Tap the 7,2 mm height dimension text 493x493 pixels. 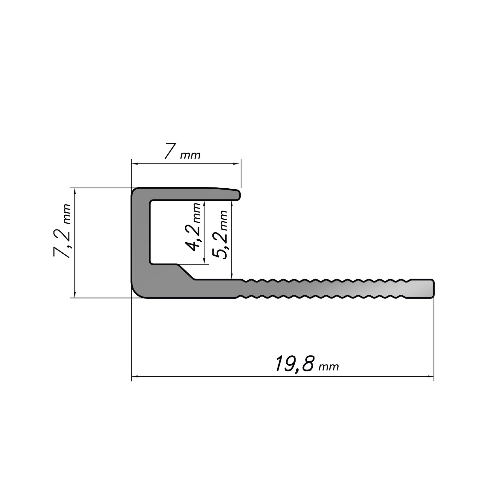point(62,231)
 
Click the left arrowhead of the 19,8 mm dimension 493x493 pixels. point(135,376)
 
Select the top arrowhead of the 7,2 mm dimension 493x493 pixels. point(74,192)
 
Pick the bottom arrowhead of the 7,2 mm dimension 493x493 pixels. point(74,294)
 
